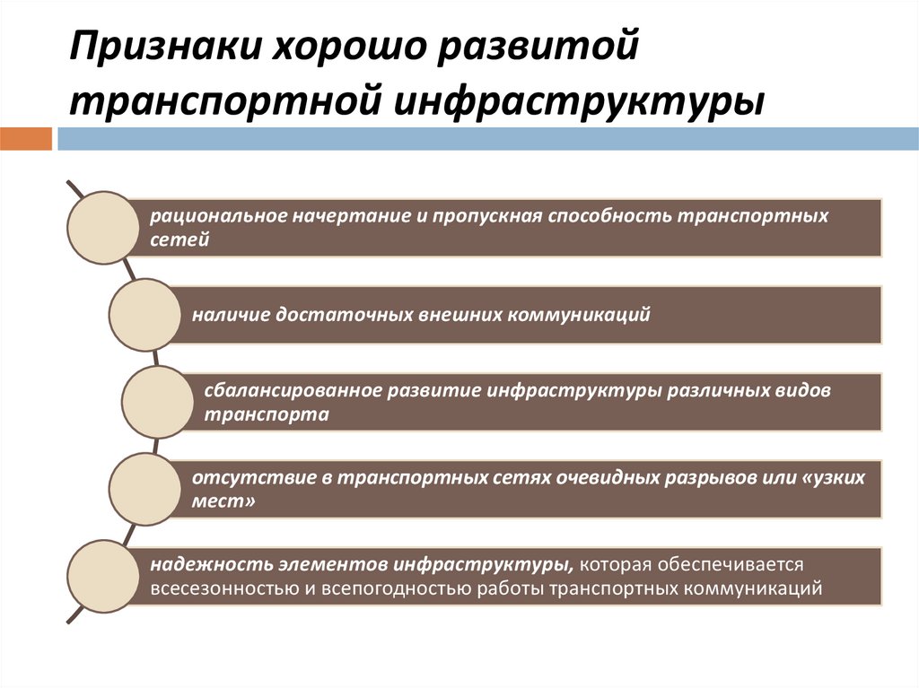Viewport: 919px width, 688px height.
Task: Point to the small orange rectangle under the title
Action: pyautogui.click(x=26, y=139)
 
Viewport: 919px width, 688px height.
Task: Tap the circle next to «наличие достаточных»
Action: pyautogui.click(x=144, y=315)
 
